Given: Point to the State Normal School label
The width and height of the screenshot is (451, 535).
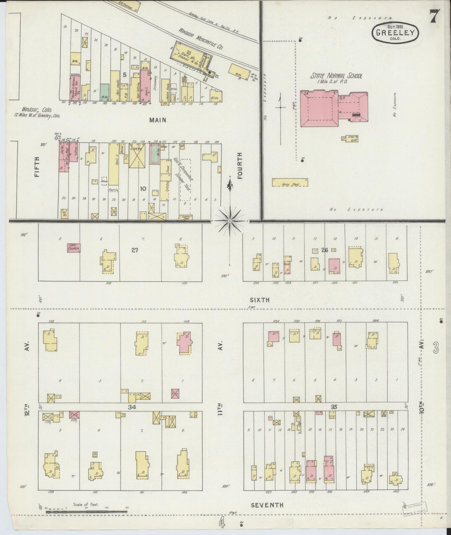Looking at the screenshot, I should tap(336, 76).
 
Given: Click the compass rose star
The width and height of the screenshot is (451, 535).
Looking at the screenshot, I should tap(230, 221).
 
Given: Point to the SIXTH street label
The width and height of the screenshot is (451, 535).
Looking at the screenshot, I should tap(260, 300).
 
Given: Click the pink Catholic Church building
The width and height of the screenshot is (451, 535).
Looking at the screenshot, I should tap(74, 248).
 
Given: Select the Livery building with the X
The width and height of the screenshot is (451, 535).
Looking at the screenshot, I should tap(136, 156).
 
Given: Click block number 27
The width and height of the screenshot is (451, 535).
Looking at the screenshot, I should tap(135, 250).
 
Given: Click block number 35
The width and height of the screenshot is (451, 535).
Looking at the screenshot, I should tap(334, 407).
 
